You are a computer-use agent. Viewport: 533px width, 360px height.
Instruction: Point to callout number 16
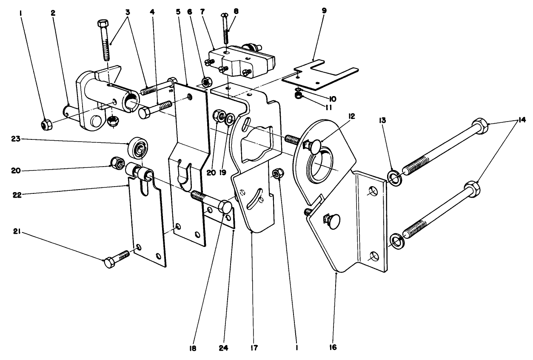tap(333, 347)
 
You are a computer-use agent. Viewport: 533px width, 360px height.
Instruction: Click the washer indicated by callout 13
tap(394, 178)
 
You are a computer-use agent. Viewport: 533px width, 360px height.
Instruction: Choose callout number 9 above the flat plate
tap(324, 10)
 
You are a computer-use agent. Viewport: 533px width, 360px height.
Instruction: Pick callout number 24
tap(223, 347)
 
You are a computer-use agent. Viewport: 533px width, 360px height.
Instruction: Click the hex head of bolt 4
tap(145, 113)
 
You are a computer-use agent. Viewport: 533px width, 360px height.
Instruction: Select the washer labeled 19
tap(230, 117)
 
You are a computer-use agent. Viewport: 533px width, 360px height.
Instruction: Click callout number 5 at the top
tap(179, 13)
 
